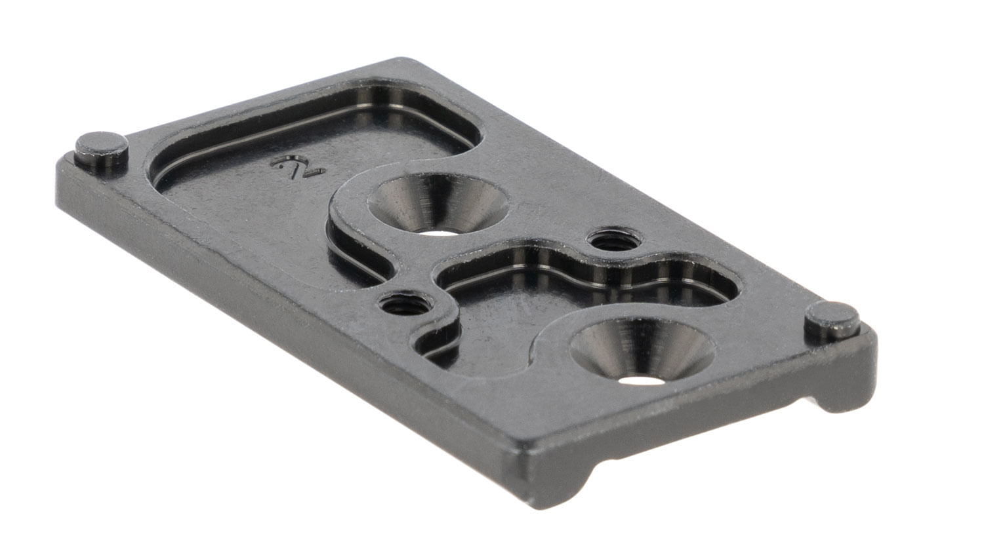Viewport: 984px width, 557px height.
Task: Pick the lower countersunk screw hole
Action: (x=642, y=351)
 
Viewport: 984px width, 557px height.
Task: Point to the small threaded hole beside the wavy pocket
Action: (x=615, y=241)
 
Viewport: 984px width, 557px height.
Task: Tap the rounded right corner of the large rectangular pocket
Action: (x=466, y=131)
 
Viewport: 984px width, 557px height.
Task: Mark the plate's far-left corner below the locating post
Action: (x=62, y=167)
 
